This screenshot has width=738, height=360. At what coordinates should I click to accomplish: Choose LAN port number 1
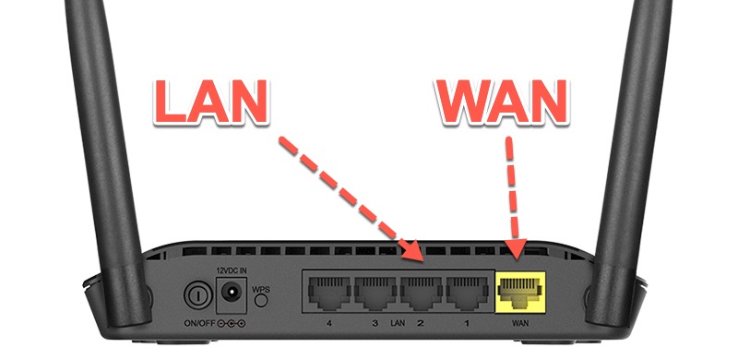(x=467, y=295)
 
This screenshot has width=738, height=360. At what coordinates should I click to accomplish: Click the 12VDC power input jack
(x=232, y=295)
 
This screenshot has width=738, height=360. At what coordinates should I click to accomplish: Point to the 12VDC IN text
(x=231, y=270)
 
